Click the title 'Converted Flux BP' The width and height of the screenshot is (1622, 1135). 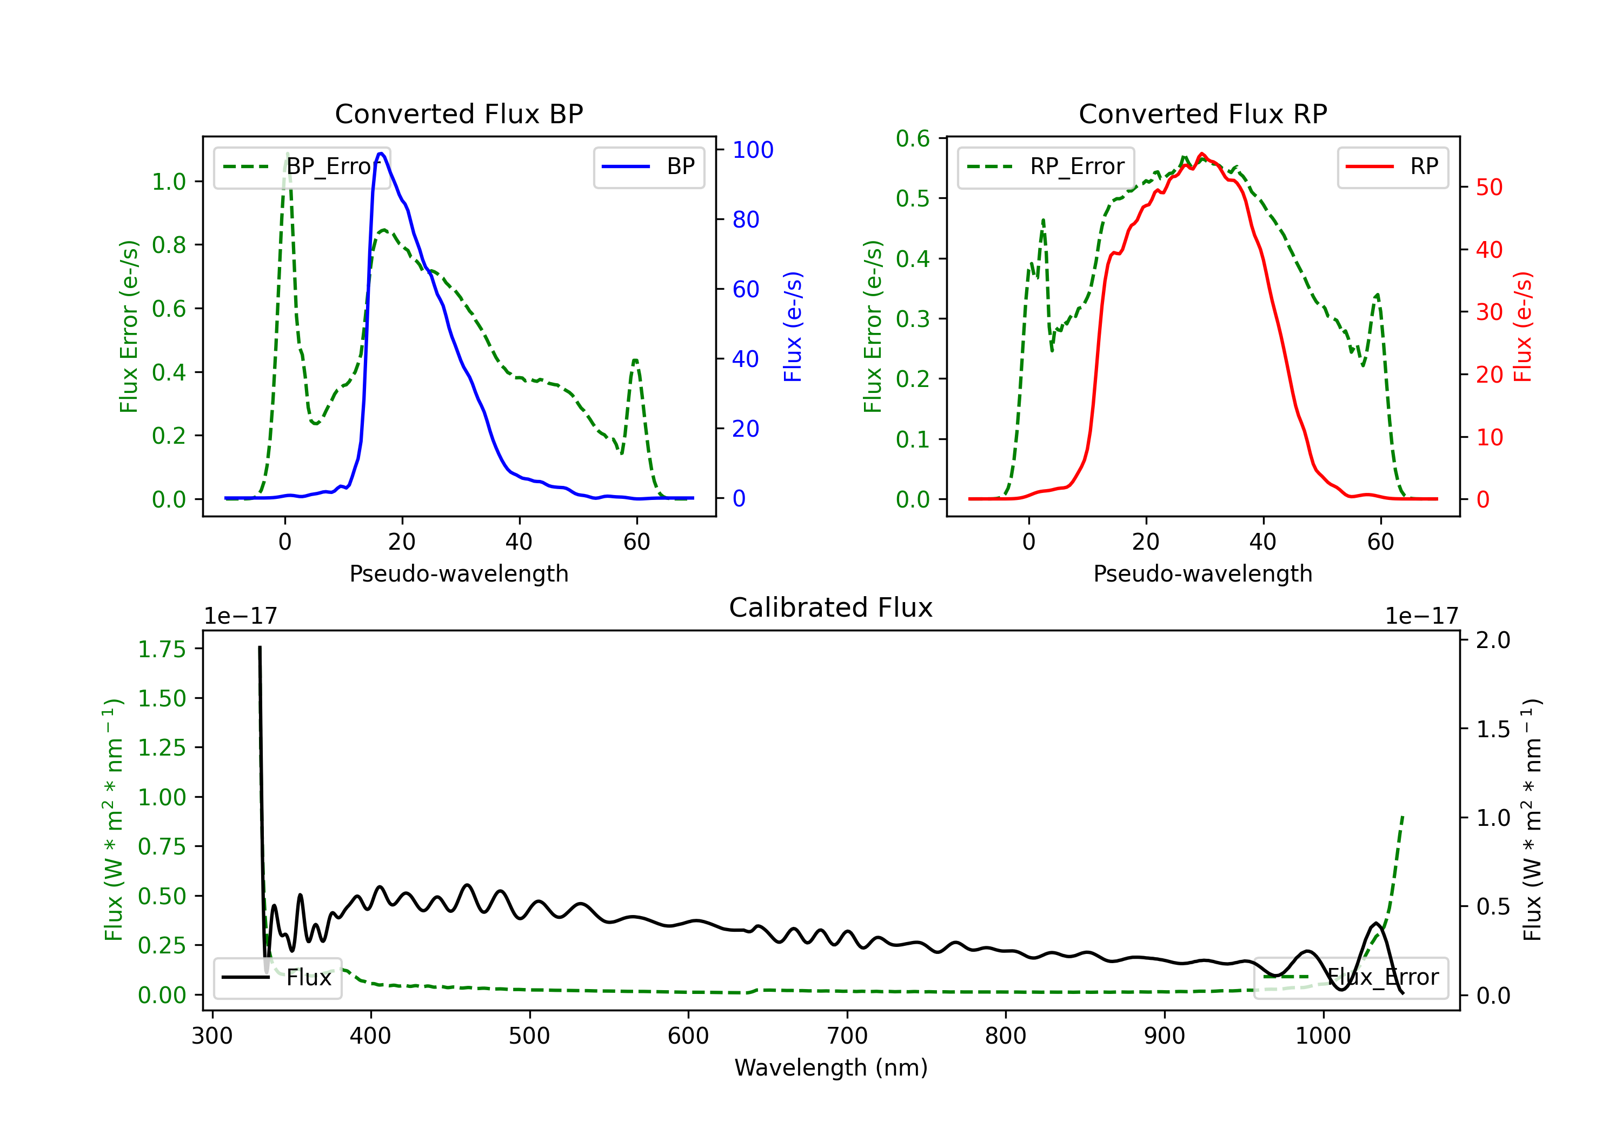[459, 113]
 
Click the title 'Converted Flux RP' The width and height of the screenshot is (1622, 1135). [1203, 113]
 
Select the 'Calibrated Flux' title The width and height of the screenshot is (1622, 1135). [831, 607]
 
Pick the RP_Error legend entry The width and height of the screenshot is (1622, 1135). [1046, 166]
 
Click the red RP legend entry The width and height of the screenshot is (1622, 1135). [1392, 166]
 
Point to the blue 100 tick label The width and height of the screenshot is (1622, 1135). [753, 150]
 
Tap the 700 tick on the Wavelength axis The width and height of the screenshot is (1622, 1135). [847, 1036]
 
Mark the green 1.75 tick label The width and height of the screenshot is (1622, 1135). [161, 649]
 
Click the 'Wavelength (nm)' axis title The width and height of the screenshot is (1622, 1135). [831, 1068]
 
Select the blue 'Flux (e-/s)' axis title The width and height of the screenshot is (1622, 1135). [793, 327]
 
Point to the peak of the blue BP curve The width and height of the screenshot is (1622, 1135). [381, 153]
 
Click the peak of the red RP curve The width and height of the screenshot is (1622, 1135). [1202, 154]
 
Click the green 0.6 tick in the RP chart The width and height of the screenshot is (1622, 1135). [913, 138]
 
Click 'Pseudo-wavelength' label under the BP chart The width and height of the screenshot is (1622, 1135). [459, 573]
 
